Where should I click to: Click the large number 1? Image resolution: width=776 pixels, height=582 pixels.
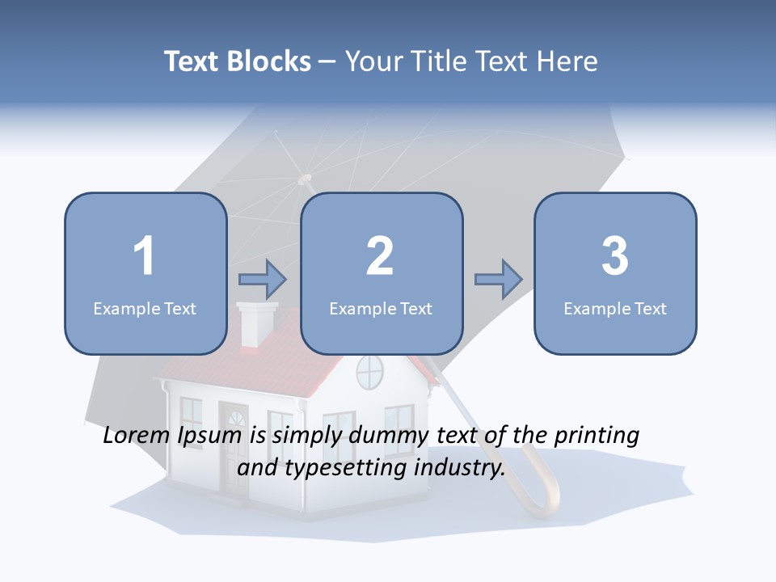click(x=144, y=256)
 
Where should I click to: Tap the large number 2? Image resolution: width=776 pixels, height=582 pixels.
click(x=380, y=256)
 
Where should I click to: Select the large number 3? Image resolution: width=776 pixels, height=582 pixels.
click(x=615, y=256)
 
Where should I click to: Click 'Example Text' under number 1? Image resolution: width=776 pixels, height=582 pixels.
click(x=145, y=308)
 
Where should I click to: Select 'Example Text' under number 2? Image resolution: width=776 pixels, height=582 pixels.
click(x=381, y=308)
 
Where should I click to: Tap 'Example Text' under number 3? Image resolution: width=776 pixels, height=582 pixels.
click(x=615, y=308)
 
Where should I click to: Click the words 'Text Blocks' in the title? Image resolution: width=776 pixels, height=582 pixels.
click(x=238, y=61)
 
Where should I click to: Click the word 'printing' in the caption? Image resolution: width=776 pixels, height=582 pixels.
click(x=597, y=436)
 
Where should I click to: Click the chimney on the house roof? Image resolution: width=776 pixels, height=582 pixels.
click(x=258, y=323)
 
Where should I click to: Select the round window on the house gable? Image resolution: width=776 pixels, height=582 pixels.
click(x=369, y=371)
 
